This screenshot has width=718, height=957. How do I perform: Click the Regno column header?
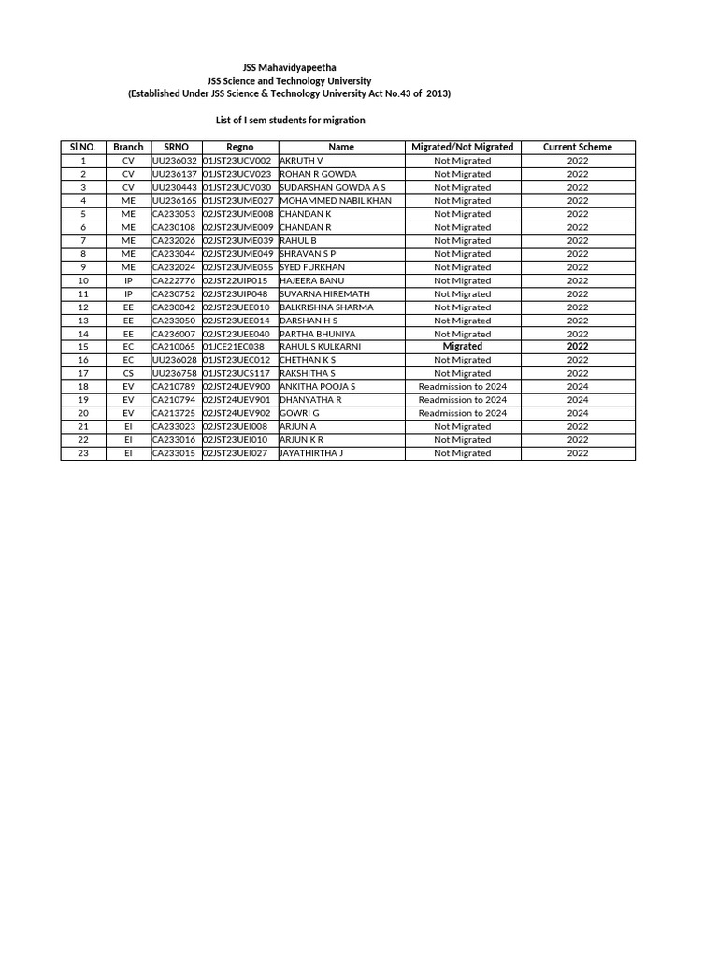pos(239,148)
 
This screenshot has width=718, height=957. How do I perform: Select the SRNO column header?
pos(176,148)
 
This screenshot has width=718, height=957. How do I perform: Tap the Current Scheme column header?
pos(578,148)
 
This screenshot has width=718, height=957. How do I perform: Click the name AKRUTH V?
pos(301,161)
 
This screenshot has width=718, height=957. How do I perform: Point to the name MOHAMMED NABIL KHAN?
pos(336,201)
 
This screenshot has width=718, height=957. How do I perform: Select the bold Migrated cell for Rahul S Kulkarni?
pos(462,347)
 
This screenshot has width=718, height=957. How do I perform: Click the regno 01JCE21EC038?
pos(234,347)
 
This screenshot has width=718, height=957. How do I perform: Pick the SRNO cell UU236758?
pos(175,373)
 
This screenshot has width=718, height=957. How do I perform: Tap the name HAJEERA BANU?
pos(312,280)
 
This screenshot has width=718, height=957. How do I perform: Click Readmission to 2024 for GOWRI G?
pos(462,413)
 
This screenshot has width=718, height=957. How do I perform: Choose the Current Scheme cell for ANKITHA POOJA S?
pos(578,387)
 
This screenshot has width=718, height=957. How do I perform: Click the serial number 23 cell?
pos(83,453)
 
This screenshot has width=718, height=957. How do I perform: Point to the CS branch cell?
pos(128,373)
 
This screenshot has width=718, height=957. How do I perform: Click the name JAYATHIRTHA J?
pos(311,453)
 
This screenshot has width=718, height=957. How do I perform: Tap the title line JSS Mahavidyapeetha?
pos(289,68)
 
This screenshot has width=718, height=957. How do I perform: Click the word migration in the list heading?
pos(344,121)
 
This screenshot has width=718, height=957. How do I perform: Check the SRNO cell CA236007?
pos(175,334)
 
